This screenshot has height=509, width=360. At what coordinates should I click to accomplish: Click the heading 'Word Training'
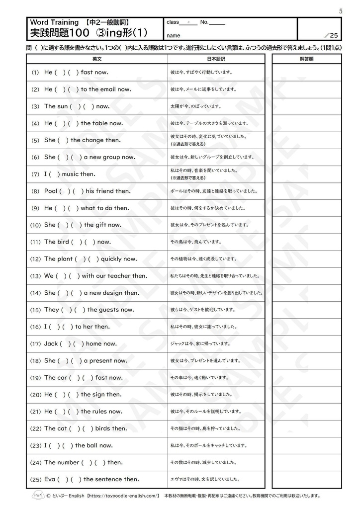(x=54, y=22)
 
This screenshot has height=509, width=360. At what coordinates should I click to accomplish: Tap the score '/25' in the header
(x=330, y=35)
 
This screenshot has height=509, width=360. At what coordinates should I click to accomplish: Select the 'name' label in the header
(x=174, y=35)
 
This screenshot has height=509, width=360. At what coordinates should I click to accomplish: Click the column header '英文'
(x=97, y=59)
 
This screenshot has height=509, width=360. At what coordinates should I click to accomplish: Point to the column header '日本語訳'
(x=216, y=59)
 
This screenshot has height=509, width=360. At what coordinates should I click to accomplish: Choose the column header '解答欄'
(x=307, y=59)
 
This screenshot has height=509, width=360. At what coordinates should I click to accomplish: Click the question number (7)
(x=35, y=174)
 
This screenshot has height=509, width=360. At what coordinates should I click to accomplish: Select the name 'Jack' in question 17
(x=51, y=343)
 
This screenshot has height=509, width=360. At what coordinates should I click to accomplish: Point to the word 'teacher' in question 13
(x=119, y=276)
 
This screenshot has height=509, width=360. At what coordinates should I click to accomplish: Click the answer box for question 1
(x=307, y=73)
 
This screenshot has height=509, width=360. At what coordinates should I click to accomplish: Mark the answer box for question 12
(x=307, y=259)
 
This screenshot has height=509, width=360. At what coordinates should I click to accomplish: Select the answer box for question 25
(x=307, y=479)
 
